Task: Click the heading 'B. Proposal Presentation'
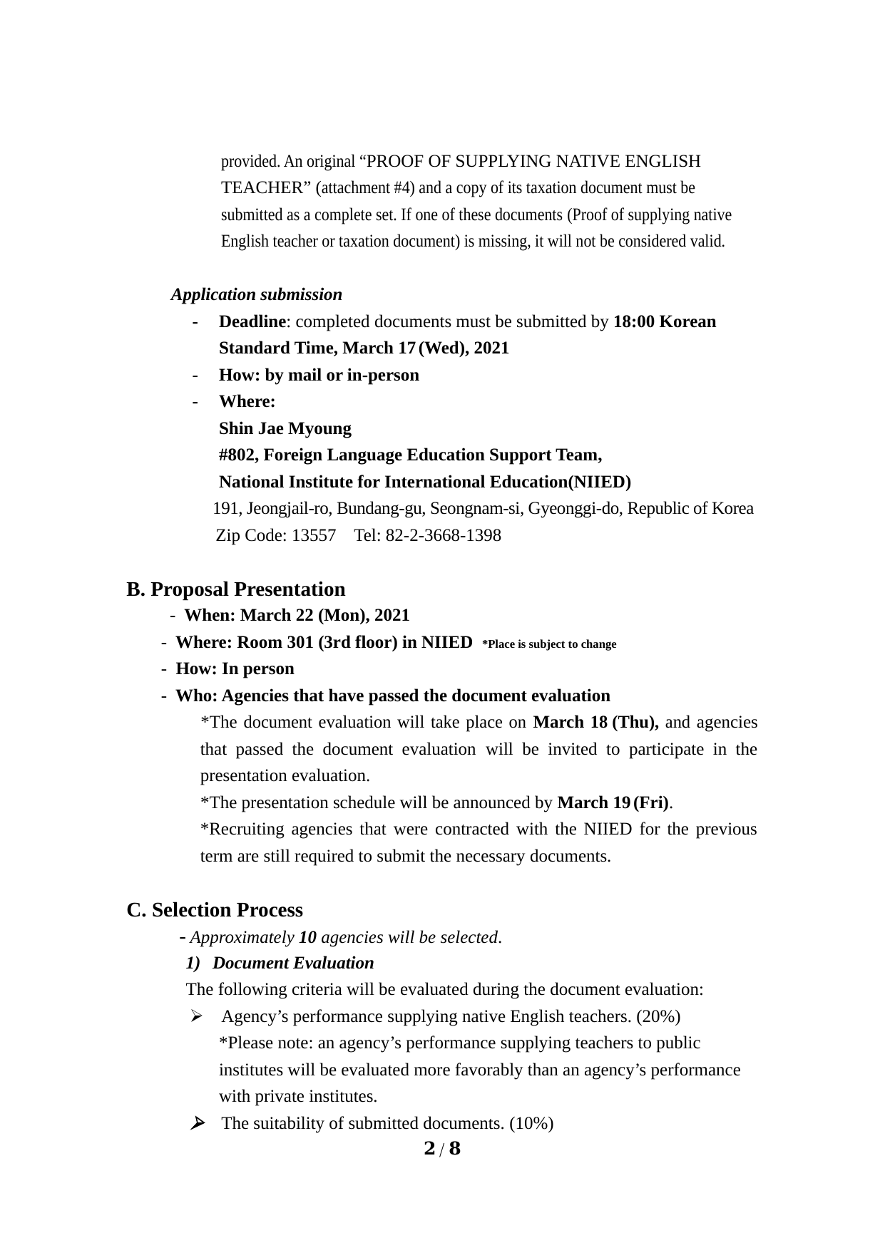[235, 589]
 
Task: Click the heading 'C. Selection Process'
[215, 910]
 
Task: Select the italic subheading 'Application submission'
[256, 294]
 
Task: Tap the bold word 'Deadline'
[252, 321]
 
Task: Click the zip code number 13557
[314, 535]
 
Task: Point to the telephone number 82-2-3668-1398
[443, 535]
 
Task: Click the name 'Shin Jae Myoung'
[285, 428]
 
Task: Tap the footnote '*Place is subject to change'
[549, 644]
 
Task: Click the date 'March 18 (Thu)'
[595, 722]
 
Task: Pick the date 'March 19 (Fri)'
[613, 802]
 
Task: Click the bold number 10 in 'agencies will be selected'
[307, 937]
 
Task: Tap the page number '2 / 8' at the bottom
[442, 1148]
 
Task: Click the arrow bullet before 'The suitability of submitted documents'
[198, 1124]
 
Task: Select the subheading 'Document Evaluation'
[292, 963]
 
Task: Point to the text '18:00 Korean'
[664, 321]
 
